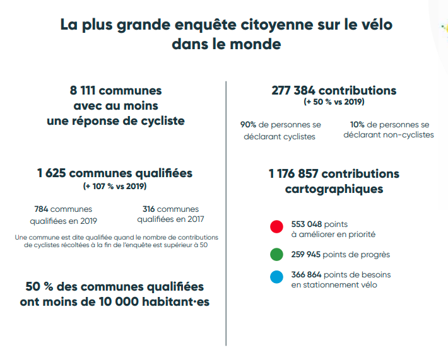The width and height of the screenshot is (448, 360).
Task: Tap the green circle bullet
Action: click(x=276, y=255)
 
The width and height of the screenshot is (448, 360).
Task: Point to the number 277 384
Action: click(x=294, y=91)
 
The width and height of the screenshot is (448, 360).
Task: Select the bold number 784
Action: click(x=41, y=209)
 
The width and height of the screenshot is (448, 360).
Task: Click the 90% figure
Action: click(x=249, y=125)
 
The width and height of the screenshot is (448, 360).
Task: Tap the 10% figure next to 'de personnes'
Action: click(x=357, y=125)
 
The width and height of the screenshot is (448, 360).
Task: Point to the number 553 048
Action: click(x=307, y=224)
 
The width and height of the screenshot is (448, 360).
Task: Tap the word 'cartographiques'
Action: click(x=334, y=188)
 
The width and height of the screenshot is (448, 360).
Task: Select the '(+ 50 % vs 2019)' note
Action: click(x=334, y=102)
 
